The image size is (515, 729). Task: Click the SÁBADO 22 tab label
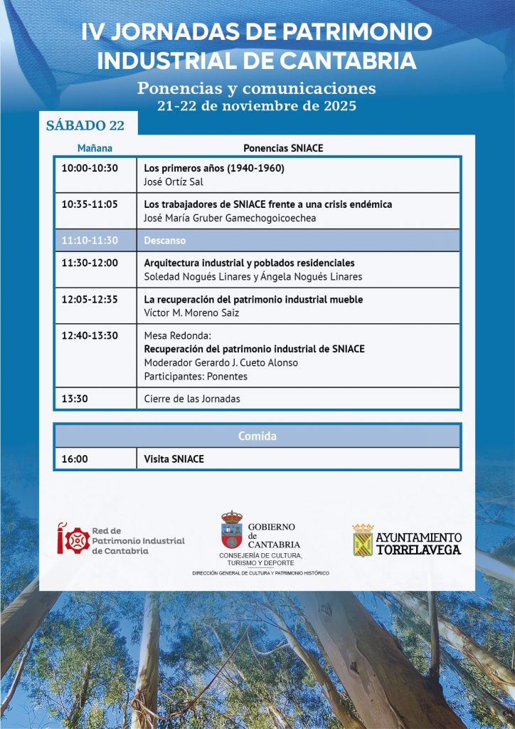coord(85,126)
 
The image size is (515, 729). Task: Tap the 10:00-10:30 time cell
coord(90,169)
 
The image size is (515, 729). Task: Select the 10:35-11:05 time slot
coord(90,204)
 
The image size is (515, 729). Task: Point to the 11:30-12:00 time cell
coord(90,263)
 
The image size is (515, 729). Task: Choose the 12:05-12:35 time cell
coord(90,300)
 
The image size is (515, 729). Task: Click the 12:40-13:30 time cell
coord(90,336)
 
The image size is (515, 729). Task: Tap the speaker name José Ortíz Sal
coord(174,182)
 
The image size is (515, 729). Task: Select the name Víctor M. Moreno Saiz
coord(191,313)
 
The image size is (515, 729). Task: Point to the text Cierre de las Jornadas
coord(192,399)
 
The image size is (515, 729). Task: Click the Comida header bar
coord(257,436)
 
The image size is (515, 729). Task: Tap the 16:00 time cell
coord(75,459)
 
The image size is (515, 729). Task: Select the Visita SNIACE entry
coord(174,459)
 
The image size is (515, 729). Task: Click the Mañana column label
coord(95,149)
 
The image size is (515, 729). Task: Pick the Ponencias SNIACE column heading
coord(283,149)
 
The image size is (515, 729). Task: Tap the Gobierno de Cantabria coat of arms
coord(231,530)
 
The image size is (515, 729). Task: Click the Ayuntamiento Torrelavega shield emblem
coord(363,540)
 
